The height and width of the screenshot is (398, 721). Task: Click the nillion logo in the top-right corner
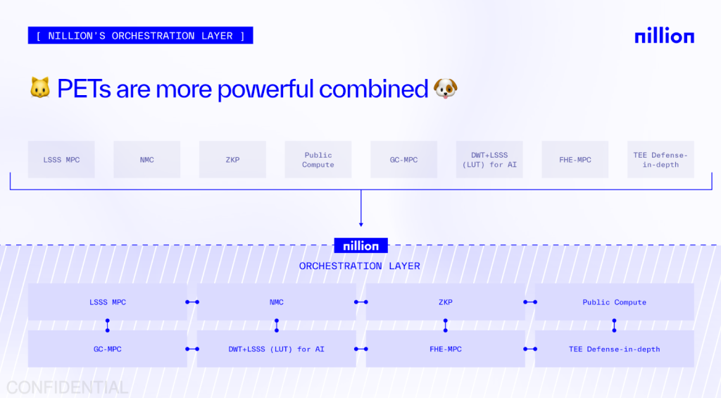pos(665,36)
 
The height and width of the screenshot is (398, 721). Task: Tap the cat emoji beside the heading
pos(40,87)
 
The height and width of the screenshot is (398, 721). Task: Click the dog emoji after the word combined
pos(446,88)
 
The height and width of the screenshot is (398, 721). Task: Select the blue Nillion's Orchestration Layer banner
pos(140,35)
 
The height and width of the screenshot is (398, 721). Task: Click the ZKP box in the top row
pos(232,160)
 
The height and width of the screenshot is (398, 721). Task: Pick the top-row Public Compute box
pos(318,160)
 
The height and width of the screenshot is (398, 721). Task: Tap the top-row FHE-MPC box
pos(575,160)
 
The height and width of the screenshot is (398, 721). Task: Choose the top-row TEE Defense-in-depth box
pos(660,160)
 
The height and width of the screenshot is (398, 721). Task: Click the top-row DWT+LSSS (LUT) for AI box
pos(489,160)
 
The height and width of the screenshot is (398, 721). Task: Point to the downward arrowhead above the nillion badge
pos(361,225)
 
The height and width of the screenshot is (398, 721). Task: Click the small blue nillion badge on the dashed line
pos(361,246)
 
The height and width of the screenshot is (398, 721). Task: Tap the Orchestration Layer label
pos(360,266)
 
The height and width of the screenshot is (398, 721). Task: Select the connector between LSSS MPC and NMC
pos(192,302)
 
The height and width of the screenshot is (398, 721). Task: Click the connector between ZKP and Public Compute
pos(530,302)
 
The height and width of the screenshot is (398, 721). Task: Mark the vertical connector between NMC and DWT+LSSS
pos(276,325)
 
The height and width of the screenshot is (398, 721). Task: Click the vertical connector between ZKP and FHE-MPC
pos(445,325)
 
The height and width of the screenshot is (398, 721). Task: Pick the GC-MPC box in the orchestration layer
pos(108,349)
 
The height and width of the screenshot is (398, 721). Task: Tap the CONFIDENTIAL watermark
pos(67,388)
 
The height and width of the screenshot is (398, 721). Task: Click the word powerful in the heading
pos(266,89)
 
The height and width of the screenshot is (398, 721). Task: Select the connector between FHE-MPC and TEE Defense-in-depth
pos(530,349)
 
